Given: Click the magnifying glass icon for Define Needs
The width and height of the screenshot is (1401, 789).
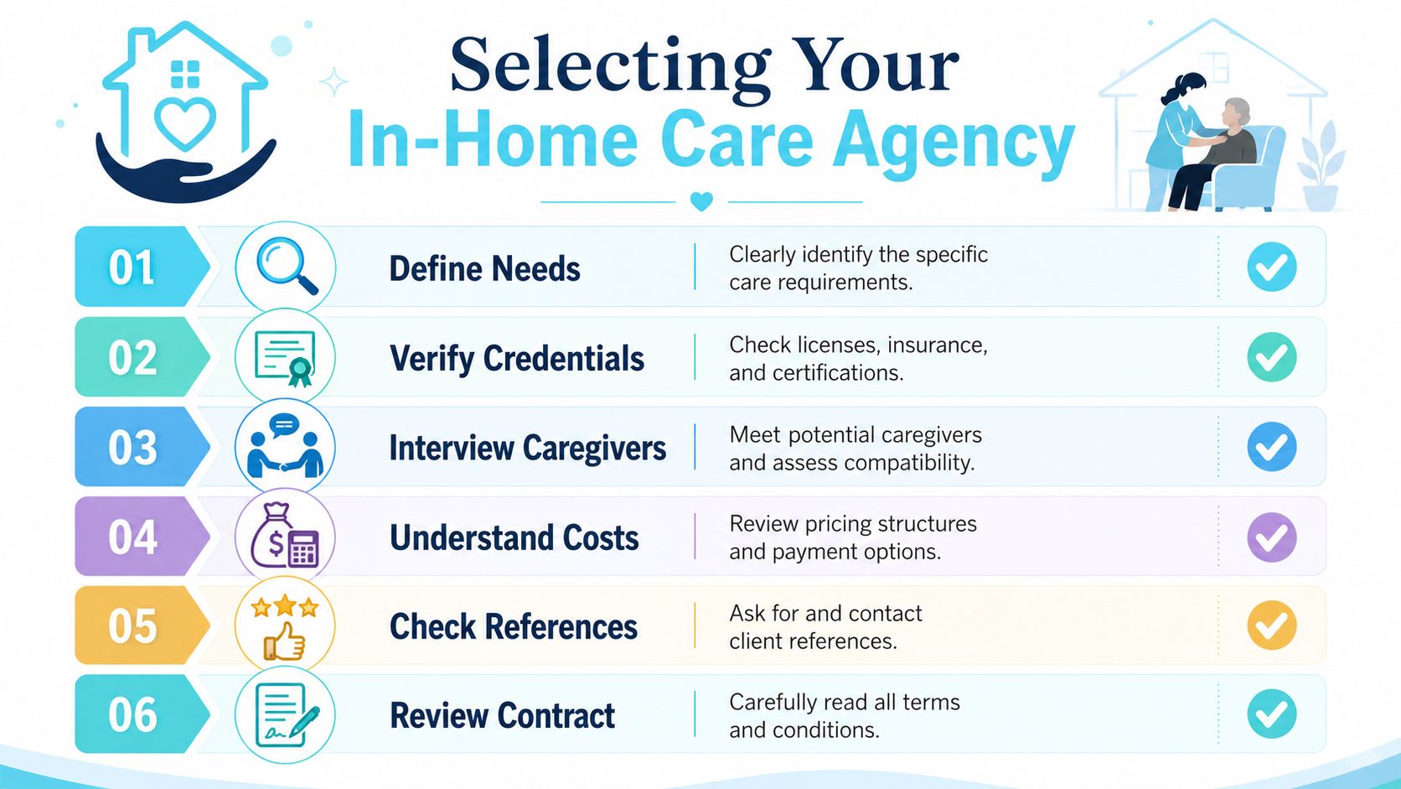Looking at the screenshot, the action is tap(287, 266).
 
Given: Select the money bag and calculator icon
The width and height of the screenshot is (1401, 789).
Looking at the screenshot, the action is tap(285, 537).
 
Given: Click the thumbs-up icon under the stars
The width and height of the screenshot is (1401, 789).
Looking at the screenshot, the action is tap(284, 641).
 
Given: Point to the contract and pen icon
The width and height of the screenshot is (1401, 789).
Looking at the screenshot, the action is tap(287, 715).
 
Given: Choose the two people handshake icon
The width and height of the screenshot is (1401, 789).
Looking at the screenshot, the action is tap(285, 446).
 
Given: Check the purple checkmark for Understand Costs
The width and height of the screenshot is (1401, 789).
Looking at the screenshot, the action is tap(1271, 537).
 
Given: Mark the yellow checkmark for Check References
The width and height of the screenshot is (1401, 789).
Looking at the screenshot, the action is tap(1271, 625).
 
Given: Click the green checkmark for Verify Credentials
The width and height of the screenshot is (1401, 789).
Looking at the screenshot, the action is tap(1271, 357).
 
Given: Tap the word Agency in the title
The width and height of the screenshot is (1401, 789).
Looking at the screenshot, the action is tap(954, 144).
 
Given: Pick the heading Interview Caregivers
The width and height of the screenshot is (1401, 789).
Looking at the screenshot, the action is tap(527, 449).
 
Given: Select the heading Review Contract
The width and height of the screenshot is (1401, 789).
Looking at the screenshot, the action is tap(502, 715).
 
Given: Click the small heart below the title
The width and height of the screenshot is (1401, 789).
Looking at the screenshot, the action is tap(701, 201).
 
